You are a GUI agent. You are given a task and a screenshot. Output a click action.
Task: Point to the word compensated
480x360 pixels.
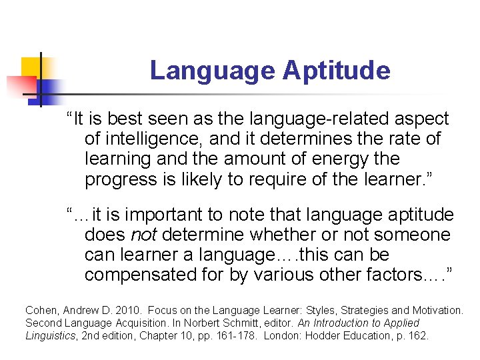coord(137,274)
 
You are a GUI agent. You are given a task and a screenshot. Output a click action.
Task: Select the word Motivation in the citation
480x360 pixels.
coord(437,311)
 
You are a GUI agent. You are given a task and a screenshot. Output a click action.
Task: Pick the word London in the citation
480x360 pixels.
coord(281,336)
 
